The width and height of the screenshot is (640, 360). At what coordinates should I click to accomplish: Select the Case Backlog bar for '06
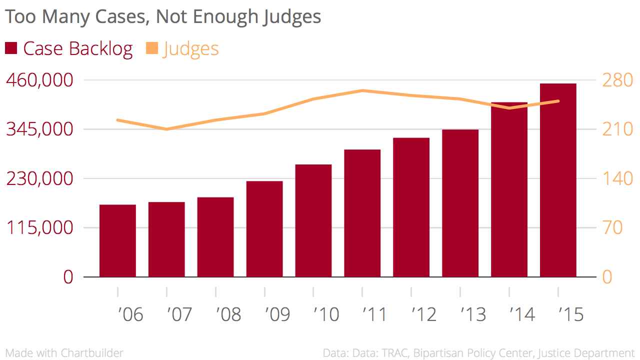click(118, 240)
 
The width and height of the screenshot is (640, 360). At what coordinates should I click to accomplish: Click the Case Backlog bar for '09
click(264, 229)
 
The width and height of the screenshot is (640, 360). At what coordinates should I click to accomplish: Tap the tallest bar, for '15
click(558, 180)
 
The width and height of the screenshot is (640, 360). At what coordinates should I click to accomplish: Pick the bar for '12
click(411, 207)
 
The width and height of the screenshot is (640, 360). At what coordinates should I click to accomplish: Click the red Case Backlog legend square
click(11, 48)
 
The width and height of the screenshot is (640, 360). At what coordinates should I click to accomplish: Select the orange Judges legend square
click(152, 48)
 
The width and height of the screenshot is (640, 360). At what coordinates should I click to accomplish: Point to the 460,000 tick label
click(39, 80)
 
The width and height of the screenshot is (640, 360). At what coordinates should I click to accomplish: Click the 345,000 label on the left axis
click(39, 129)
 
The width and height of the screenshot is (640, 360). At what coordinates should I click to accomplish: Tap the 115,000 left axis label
click(39, 228)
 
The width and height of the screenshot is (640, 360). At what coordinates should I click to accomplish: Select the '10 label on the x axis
click(326, 314)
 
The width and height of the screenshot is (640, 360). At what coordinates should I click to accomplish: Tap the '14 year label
click(522, 314)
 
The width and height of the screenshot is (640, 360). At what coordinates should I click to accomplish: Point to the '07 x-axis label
click(179, 314)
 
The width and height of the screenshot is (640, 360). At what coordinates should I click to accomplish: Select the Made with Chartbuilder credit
click(64, 353)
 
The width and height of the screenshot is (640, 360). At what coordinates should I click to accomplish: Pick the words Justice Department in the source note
click(586, 353)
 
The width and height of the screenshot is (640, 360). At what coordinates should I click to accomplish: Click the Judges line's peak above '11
click(362, 90)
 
